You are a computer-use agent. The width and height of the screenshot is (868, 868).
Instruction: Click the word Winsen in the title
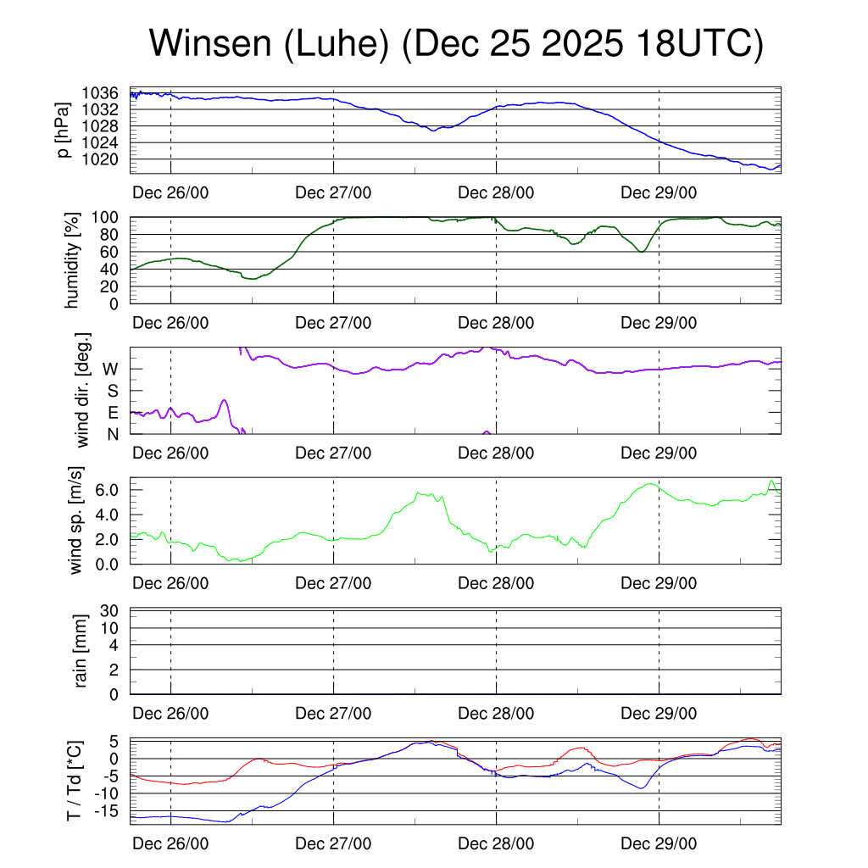206,44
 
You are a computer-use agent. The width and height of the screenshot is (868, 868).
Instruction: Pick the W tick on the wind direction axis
111,369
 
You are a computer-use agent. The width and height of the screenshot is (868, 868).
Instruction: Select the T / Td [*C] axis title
75,782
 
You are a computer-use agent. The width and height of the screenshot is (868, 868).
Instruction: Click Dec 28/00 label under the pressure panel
496,192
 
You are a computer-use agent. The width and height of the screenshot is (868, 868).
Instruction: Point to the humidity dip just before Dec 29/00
642,252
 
